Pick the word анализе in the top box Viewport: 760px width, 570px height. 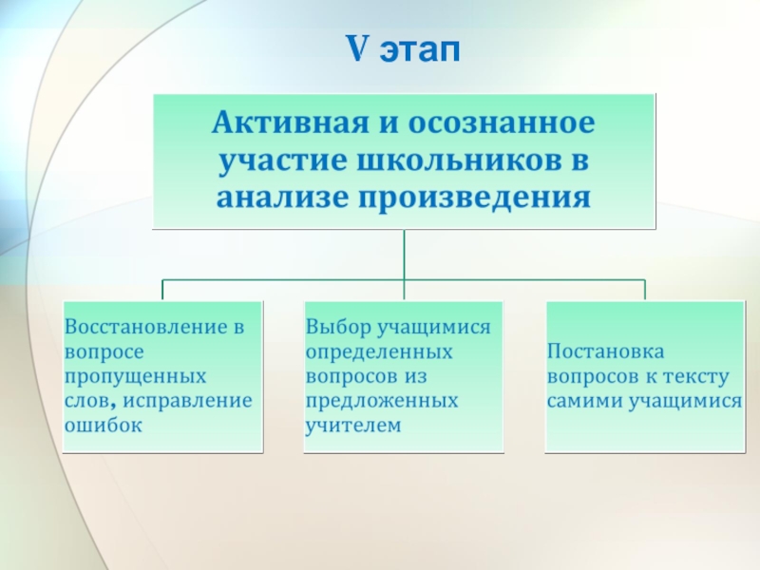click(277, 199)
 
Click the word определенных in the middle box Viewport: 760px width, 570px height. click(379, 352)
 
